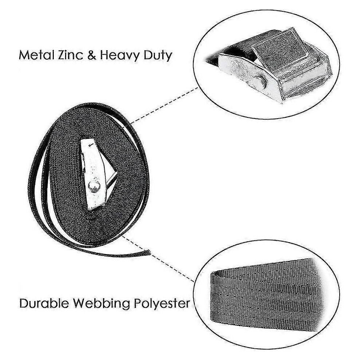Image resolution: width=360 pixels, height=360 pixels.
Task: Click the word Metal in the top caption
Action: point(36,55)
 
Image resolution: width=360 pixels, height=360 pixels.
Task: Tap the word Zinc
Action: point(70,55)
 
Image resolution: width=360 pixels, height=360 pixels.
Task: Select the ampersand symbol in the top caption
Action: point(92,55)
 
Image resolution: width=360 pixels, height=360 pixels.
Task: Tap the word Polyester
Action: point(162,304)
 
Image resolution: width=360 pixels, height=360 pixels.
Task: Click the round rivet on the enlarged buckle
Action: point(259,83)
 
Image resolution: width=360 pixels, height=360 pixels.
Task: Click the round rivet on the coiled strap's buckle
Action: point(95,186)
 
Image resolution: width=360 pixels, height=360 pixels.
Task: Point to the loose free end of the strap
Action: point(147,253)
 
